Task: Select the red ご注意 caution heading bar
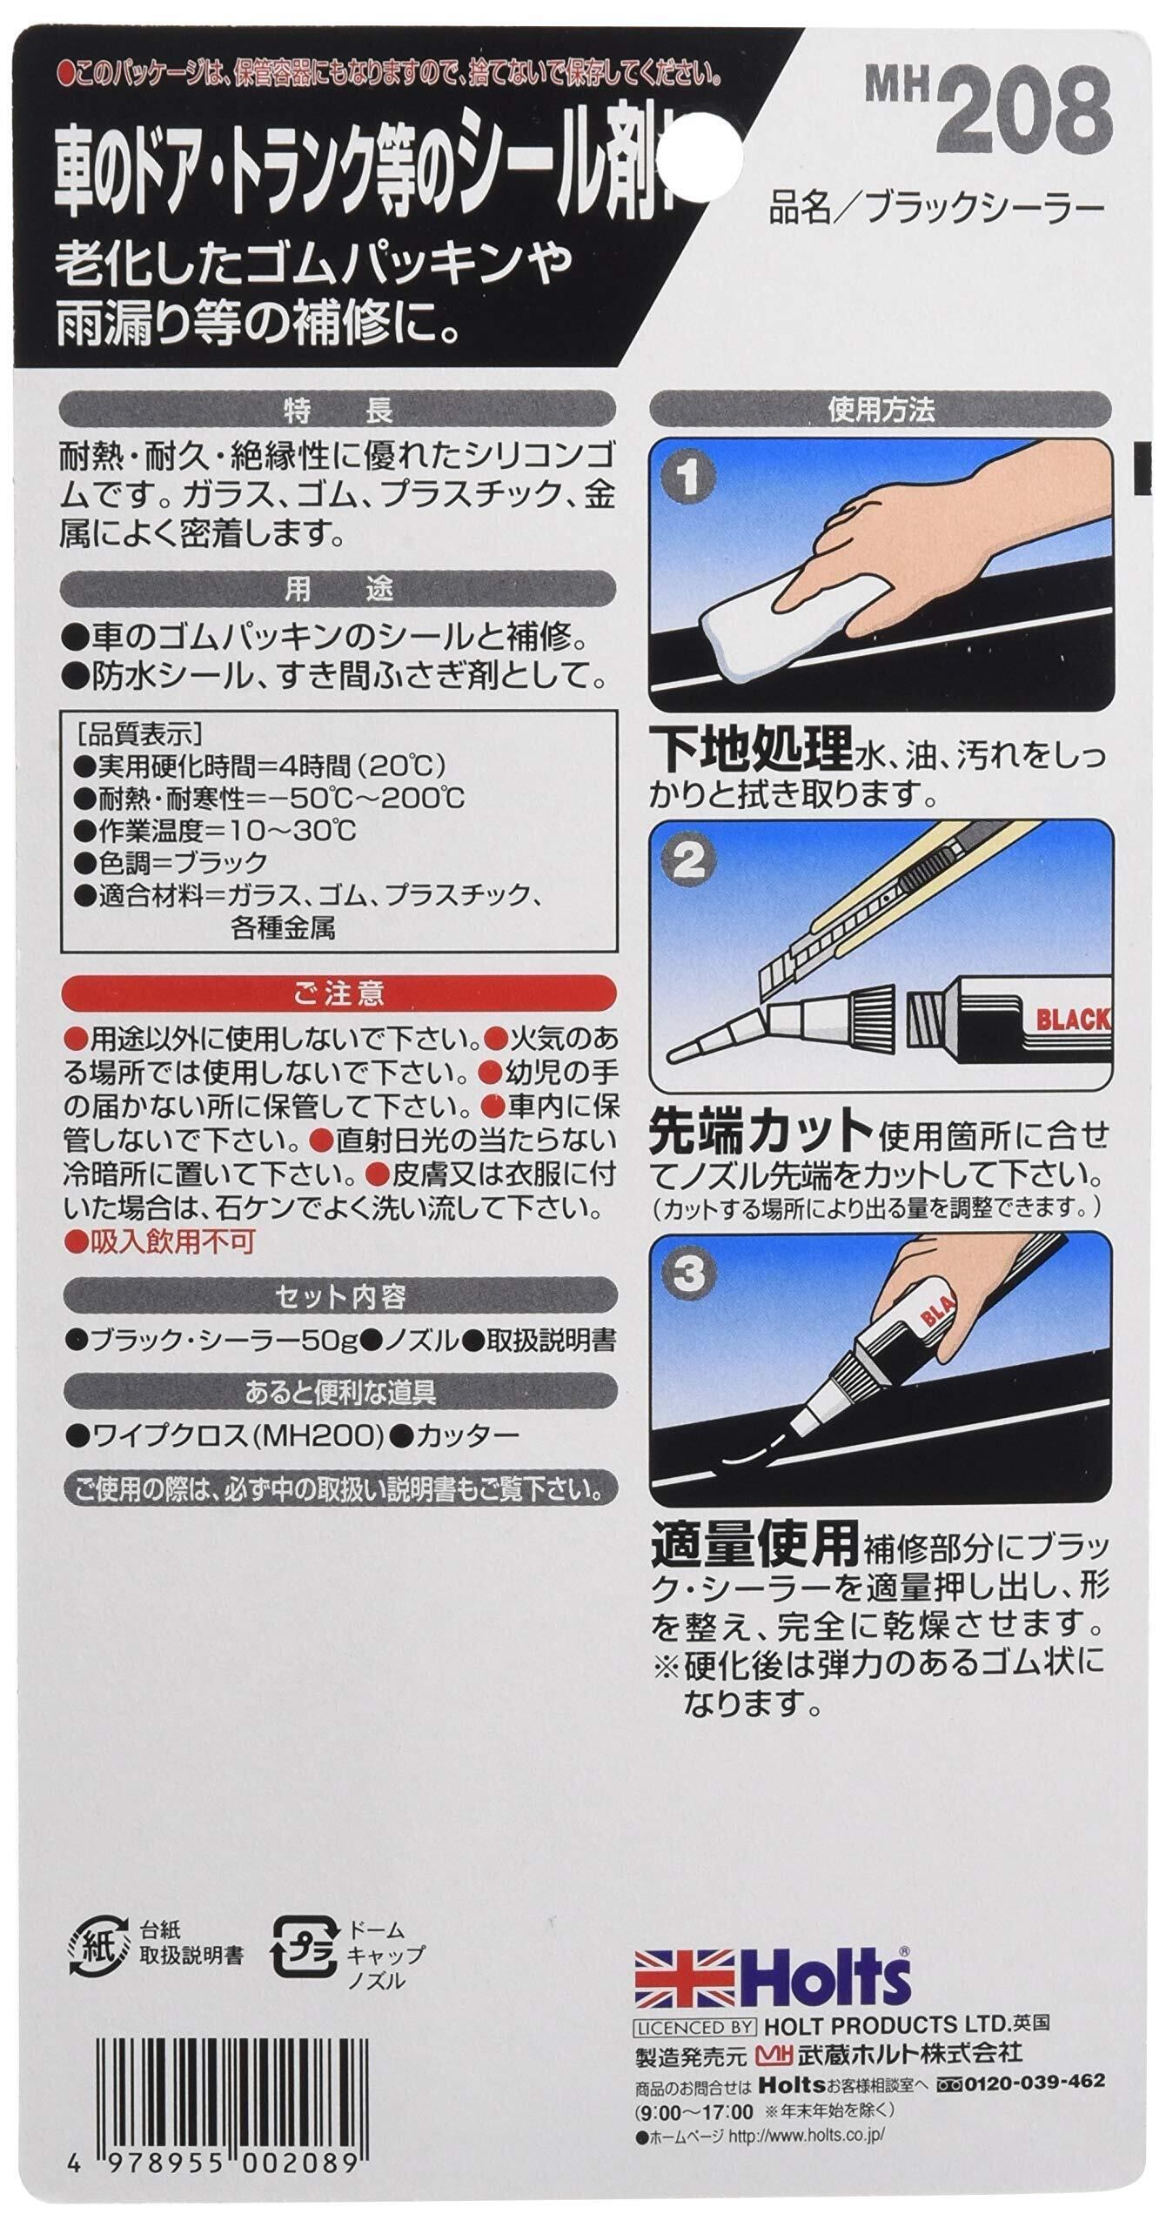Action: click(x=338, y=993)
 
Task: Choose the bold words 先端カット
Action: click(x=762, y=1135)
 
